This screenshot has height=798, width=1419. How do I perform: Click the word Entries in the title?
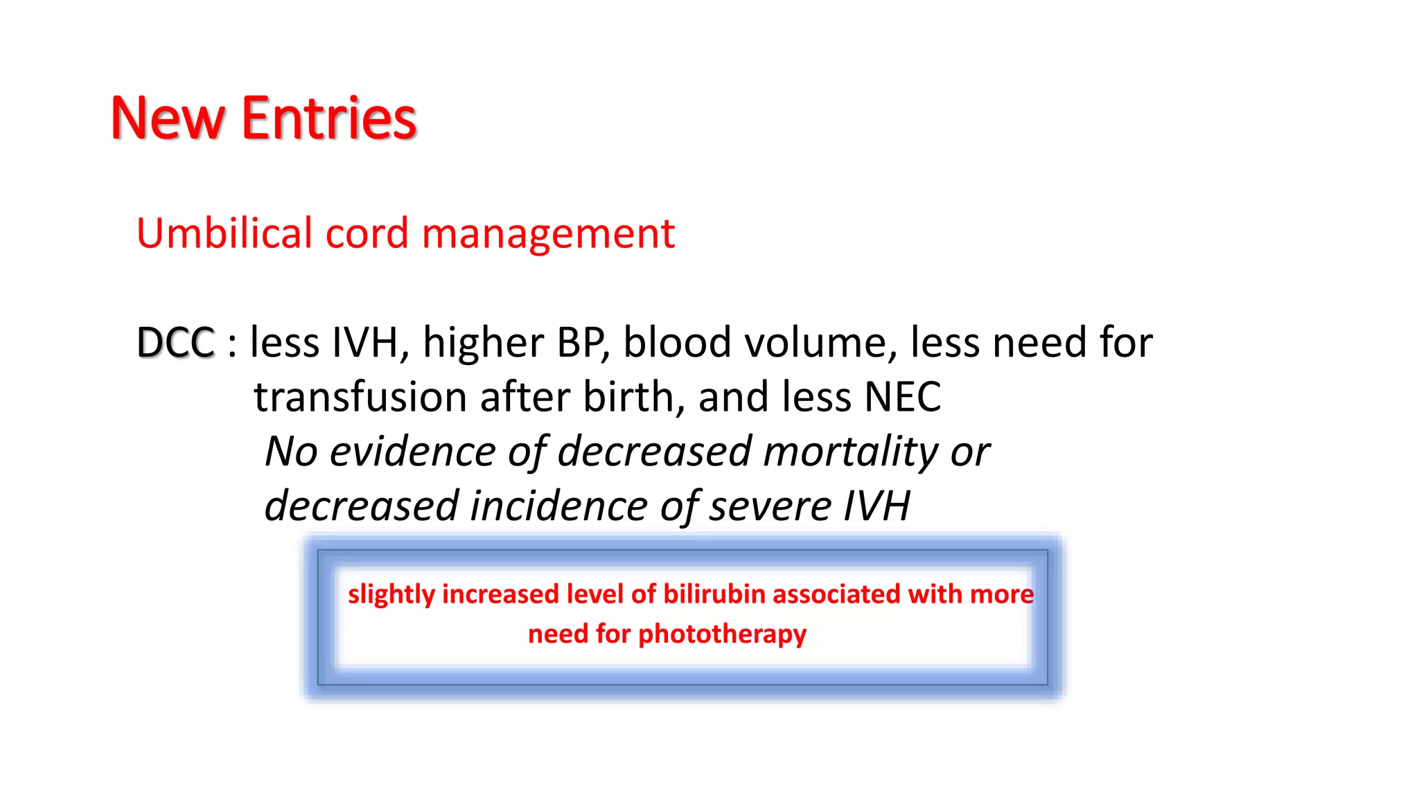(x=328, y=119)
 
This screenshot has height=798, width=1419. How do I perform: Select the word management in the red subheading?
(x=547, y=234)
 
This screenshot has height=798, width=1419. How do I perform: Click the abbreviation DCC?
(x=176, y=342)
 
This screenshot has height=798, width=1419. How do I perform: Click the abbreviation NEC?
(x=903, y=397)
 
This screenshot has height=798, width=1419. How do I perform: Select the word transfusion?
(x=360, y=397)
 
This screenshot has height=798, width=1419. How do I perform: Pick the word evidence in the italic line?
(x=412, y=452)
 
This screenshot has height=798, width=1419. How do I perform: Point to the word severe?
(x=770, y=506)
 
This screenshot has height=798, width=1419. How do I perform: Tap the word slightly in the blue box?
(x=391, y=594)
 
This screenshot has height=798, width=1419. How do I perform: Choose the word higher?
(x=484, y=342)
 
